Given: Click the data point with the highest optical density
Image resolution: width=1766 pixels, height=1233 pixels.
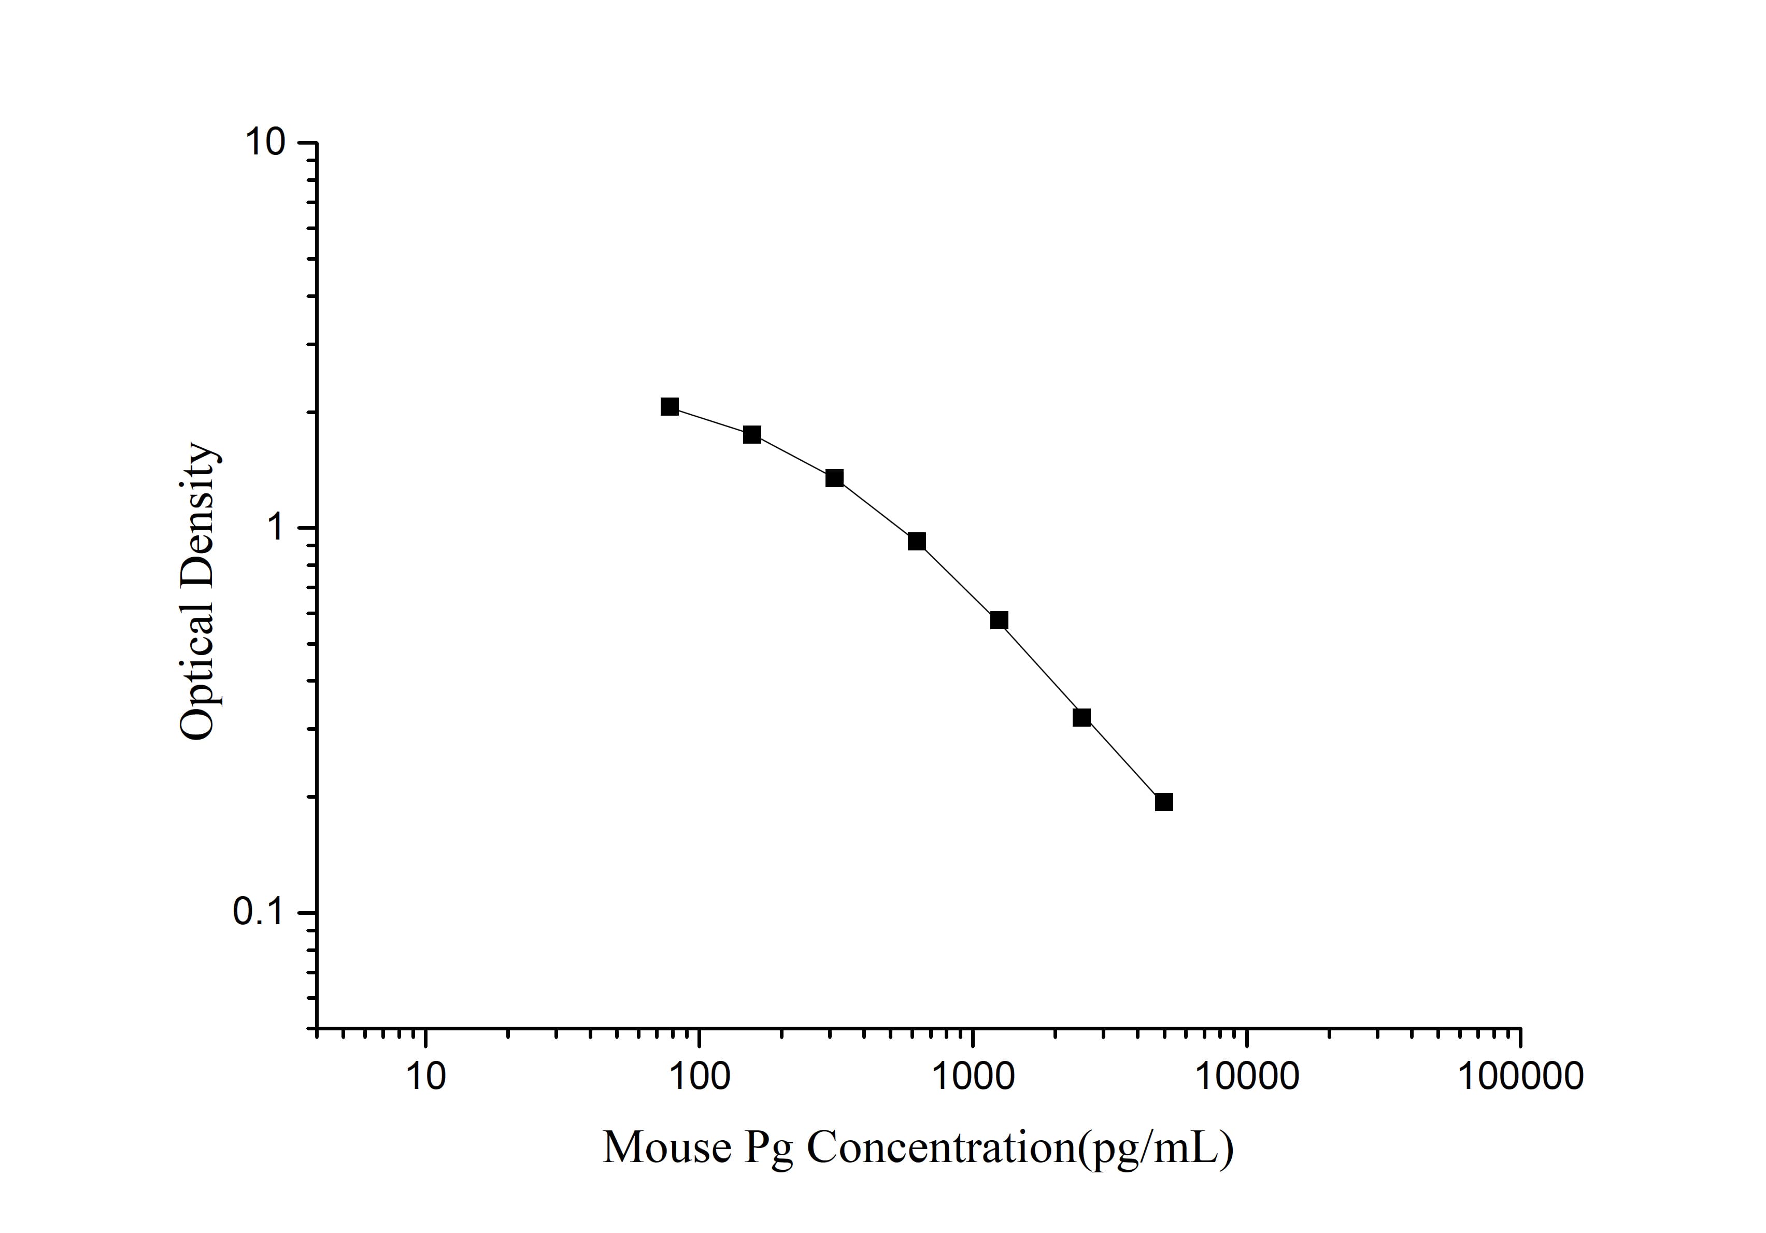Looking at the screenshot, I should coord(669,407).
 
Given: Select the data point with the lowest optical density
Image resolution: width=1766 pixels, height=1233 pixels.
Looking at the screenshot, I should coord(1164,802).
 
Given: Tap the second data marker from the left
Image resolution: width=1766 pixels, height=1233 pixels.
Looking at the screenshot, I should coord(751,435).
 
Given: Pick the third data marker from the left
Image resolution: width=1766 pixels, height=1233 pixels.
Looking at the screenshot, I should coord(834,478).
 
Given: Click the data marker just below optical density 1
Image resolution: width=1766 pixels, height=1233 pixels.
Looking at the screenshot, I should coord(916,542).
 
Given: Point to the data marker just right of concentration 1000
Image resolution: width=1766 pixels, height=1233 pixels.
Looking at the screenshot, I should coord(999,620).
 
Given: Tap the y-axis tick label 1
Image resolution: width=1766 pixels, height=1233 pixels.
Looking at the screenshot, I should coord(275,529).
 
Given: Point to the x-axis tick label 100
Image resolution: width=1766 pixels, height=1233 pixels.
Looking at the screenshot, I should coord(699,1077).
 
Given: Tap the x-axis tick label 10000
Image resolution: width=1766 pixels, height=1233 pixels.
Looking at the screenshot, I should coord(1246,1077).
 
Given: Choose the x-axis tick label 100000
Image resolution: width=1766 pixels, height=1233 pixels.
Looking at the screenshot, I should coord(1520,1077).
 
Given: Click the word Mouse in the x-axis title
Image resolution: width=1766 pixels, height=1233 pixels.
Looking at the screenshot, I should coord(667,1149).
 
